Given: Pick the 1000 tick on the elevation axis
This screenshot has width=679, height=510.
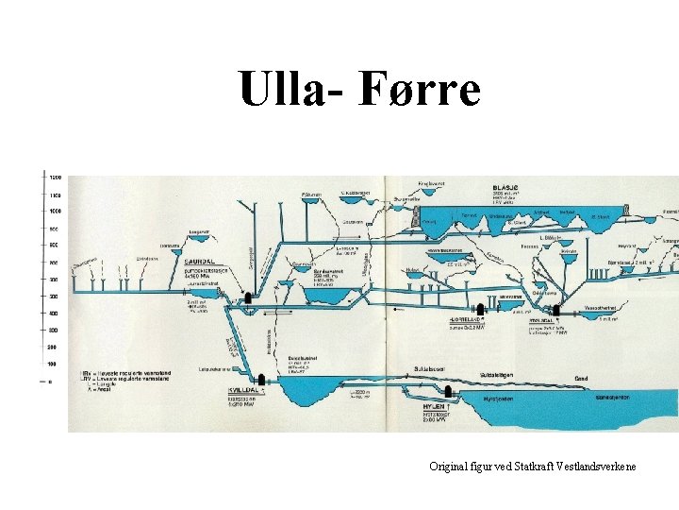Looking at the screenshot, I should pyautogui.click(x=56, y=211).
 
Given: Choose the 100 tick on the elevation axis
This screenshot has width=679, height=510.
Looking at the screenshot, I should pyautogui.click(x=56, y=364).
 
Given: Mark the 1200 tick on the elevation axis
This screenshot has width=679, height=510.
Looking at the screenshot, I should pyautogui.click(x=56, y=178).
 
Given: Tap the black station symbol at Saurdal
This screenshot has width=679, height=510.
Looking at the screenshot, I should pyautogui.click(x=249, y=296).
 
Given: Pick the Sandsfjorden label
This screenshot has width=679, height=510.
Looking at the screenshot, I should pyautogui.click(x=613, y=399).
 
